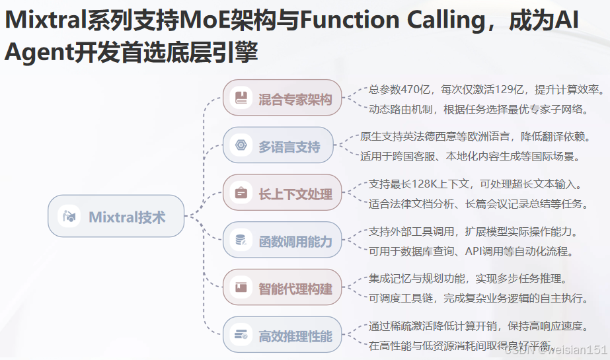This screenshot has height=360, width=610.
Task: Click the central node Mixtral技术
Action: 116,217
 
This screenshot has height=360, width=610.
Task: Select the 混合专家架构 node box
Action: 283,98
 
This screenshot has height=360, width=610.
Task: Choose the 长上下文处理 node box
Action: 283,194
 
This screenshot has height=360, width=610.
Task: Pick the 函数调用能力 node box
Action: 283,241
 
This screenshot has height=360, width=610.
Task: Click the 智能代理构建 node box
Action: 283,288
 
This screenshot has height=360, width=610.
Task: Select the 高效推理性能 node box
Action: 283,336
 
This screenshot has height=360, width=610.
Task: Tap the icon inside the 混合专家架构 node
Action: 241,98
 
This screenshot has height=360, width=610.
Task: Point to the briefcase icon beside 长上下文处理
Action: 241,194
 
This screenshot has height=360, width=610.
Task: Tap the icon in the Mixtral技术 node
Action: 68,217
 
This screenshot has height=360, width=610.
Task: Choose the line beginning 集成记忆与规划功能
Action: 467,279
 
